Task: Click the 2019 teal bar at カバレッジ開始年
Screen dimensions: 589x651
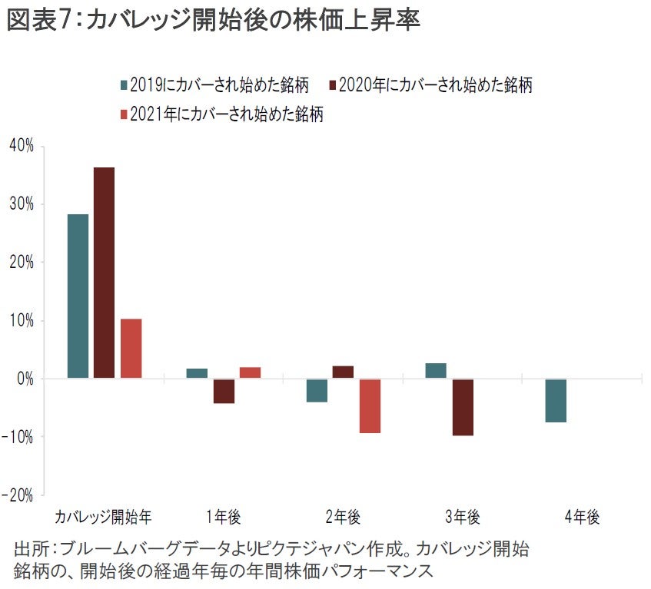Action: pos(78,296)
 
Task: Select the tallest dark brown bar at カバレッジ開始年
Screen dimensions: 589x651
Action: pos(104,273)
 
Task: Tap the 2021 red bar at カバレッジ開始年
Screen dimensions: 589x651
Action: pos(131,348)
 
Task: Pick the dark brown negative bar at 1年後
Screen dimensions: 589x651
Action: pos(224,391)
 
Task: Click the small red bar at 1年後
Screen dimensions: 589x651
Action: pos(250,372)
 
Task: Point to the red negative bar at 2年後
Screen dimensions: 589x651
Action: pos(370,405)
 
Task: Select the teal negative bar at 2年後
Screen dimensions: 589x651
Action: pos(317,390)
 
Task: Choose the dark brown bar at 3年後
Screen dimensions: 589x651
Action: pos(463,407)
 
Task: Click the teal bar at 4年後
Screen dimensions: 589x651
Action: pos(556,400)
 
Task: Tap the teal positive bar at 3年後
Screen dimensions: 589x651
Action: pos(436,371)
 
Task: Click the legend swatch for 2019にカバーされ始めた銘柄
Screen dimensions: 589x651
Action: pos(123,84)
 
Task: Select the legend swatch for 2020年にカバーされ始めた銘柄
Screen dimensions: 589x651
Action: pos(331,84)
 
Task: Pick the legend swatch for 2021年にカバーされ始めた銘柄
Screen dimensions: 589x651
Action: pos(123,115)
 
